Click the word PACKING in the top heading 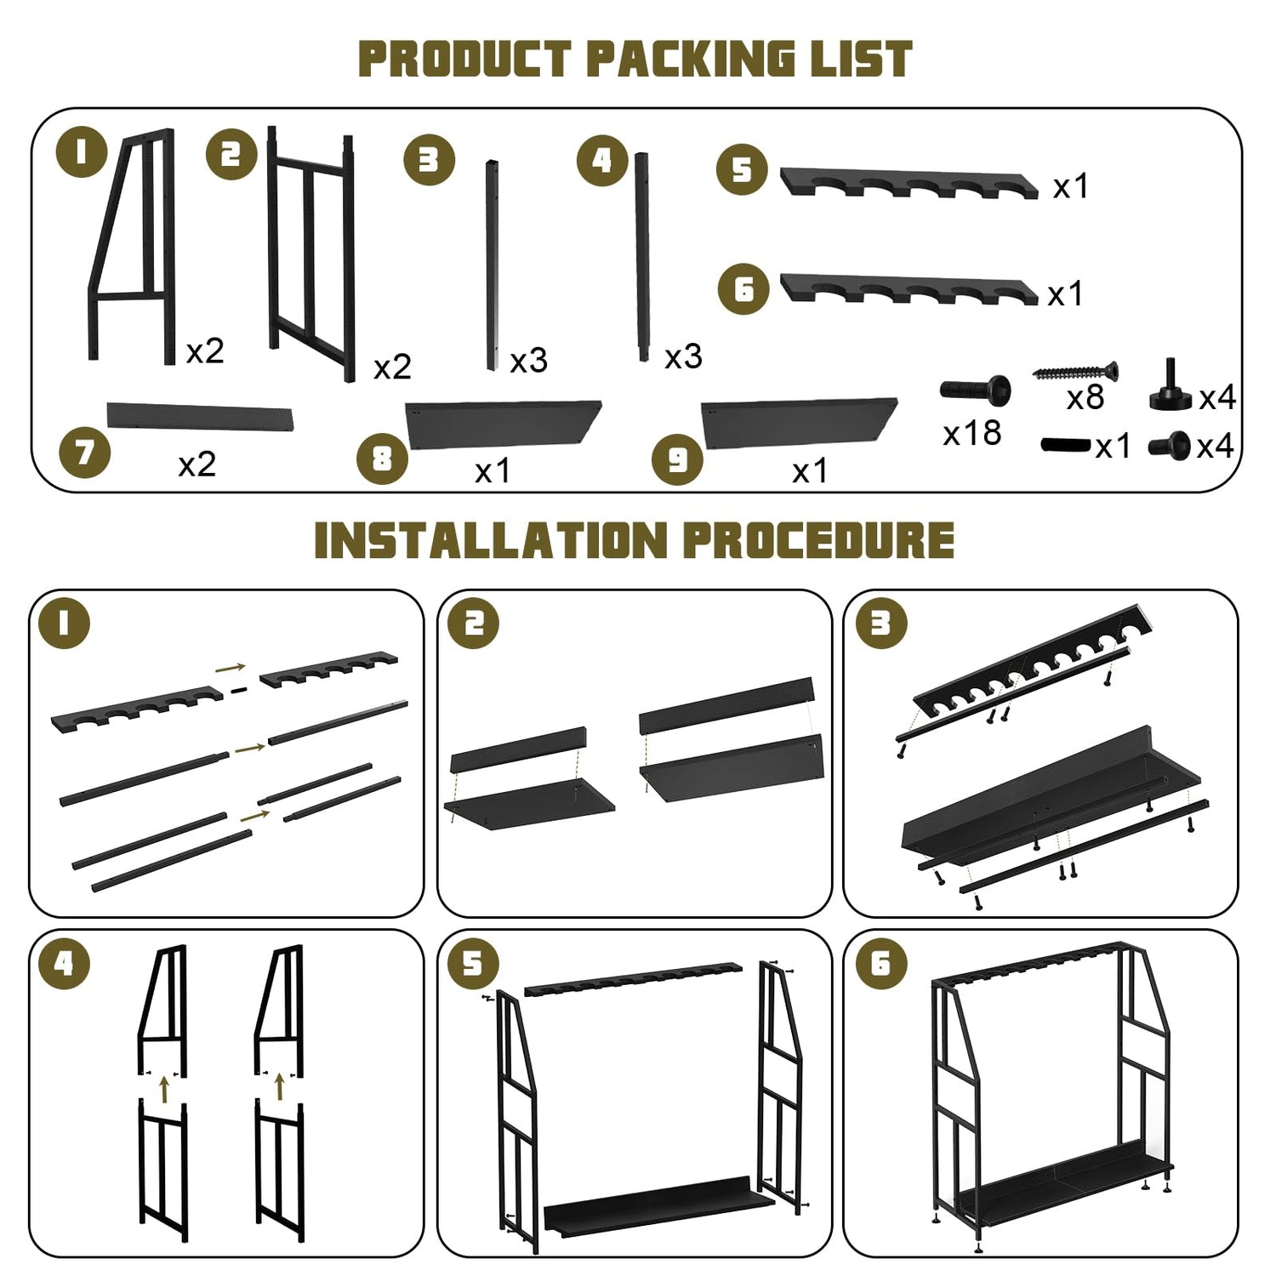pos(690,59)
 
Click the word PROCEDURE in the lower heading pos(818,540)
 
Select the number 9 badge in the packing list pos(677,459)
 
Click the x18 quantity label pos(972,434)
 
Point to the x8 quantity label pos(1085,397)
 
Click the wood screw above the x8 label pos(1075,372)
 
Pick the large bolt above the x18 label pos(975,390)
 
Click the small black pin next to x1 pos(1065,445)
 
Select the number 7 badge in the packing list pos(85,453)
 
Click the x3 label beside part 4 pos(683,357)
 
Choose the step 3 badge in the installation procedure pos(880,624)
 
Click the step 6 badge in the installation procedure pos(880,963)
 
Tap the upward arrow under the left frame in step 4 pos(164,1088)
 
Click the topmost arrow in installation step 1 pos(231,668)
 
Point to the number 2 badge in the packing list pos(231,154)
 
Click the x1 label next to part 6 pos(1065,294)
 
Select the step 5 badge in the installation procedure pos(473,963)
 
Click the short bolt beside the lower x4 pos(1169,444)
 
